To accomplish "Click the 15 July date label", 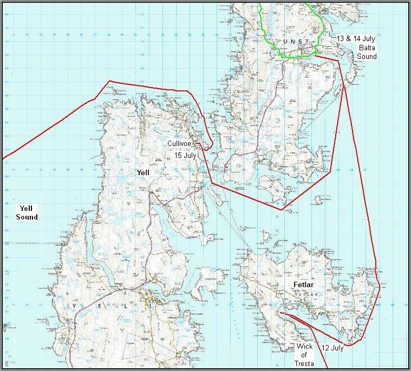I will click(185, 155).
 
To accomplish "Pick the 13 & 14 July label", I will click(355, 39).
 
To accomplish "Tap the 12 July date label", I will click(332, 348).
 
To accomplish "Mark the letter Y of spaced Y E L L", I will click(74, 306).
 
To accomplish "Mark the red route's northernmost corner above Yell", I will click(110, 82).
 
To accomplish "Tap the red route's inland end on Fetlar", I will click(281, 313).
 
